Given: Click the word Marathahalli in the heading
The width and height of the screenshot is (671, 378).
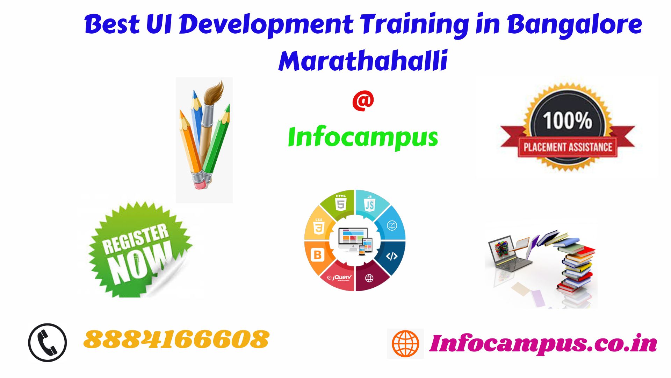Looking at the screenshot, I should [363, 61].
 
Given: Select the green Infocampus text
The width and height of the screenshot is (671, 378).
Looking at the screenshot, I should [363, 137].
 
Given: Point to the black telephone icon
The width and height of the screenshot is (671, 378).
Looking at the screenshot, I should [48, 342].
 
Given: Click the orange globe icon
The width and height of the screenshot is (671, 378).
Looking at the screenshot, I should [405, 343].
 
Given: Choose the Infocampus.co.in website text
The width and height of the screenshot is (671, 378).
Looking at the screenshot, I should [543, 343].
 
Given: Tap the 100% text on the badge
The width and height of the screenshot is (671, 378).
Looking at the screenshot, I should [567, 120].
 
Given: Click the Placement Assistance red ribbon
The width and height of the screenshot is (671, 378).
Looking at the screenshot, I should [568, 147].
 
